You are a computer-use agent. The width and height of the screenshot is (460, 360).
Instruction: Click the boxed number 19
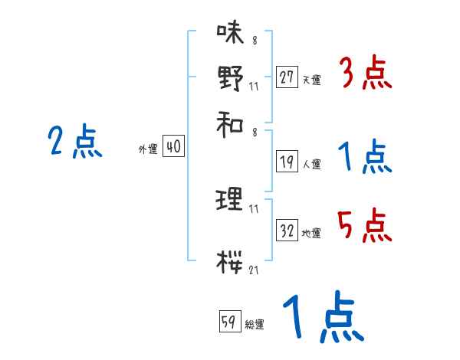tap(287, 162)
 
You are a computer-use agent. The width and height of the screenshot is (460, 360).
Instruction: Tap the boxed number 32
tap(287, 231)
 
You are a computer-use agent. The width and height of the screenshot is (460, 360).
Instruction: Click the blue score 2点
tap(74, 142)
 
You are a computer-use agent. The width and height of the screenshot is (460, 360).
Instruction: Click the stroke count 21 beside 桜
tap(254, 270)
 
